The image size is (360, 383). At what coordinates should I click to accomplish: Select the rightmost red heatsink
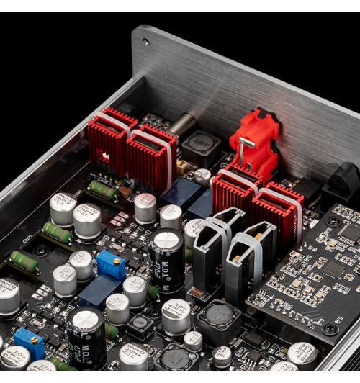(x=277, y=208)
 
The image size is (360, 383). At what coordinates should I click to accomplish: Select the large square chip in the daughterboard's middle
(x=333, y=271)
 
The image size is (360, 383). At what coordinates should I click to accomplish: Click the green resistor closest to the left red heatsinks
(x=103, y=190)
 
